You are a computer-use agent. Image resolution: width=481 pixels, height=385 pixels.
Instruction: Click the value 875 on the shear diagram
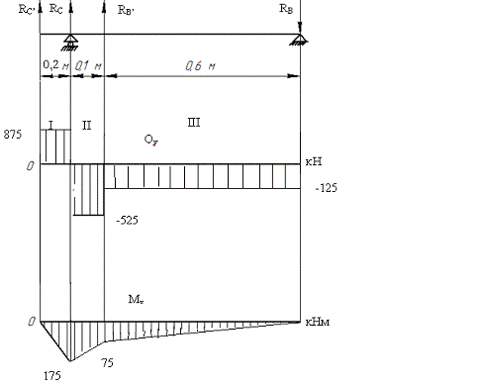(13, 135)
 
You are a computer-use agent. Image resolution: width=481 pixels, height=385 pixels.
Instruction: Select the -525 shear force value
(127, 220)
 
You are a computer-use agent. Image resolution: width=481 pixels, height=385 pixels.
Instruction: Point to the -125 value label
(327, 188)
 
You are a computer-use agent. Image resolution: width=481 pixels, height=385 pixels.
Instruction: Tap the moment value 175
(52, 375)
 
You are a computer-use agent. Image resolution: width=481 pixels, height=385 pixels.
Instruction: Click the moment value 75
(107, 363)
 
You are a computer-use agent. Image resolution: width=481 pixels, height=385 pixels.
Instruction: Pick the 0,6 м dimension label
(200, 66)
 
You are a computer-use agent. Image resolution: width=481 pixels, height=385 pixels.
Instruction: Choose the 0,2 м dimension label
(56, 65)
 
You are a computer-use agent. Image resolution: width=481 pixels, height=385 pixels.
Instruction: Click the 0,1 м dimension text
(88, 65)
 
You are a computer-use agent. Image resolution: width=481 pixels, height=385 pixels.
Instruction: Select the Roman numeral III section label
(194, 123)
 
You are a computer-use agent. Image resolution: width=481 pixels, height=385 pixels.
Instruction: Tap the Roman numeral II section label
(86, 126)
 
